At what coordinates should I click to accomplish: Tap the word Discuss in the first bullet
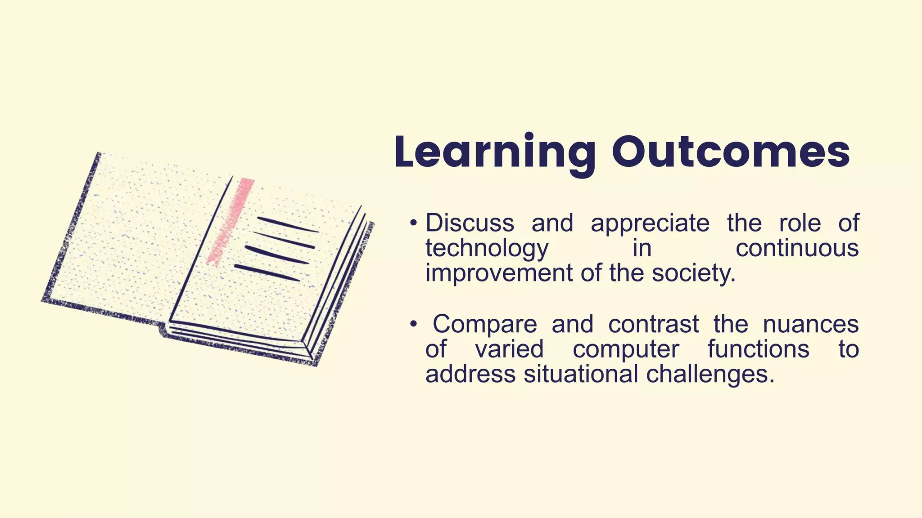470,223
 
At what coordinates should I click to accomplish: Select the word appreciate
650,224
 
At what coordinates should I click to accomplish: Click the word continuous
797,248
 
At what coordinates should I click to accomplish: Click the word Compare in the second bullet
485,325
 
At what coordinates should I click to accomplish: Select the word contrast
654,324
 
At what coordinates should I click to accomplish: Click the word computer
626,350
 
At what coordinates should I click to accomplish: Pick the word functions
758,349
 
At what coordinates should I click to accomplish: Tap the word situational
581,374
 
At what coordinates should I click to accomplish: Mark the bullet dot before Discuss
413,223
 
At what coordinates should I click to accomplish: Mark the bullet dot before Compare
413,325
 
